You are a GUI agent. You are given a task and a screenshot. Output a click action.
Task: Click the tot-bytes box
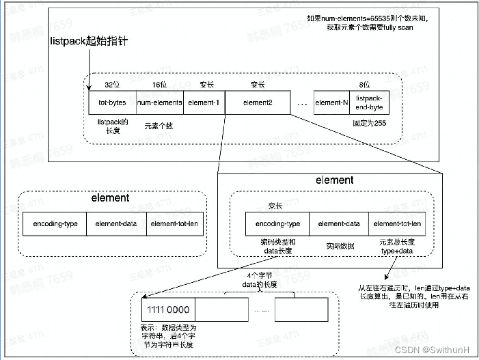pyautogui.click(x=112, y=102)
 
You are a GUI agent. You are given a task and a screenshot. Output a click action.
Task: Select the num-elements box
pyautogui.click(x=159, y=102)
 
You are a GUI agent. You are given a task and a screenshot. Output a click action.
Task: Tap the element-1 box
pyautogui.click(x=204, y=102)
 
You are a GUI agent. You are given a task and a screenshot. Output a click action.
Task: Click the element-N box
pyautogui.click(x=331, y=102)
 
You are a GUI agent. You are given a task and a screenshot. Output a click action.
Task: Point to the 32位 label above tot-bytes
pyautogui.click(x=112, y=85)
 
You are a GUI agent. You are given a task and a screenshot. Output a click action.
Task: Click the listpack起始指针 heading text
pyautogui.click(x=89, y=42)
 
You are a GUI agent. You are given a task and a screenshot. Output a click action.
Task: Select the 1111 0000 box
pyautogui.click(x=168, y=309)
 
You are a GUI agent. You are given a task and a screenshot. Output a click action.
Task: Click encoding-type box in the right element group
pyautogui.click(x=277, y=223)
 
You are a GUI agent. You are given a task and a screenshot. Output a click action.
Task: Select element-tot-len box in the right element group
pyautogui.click(x=396, y=223)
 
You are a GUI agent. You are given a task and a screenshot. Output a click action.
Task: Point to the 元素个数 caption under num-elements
pyautogui.click(x=159, y=126)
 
